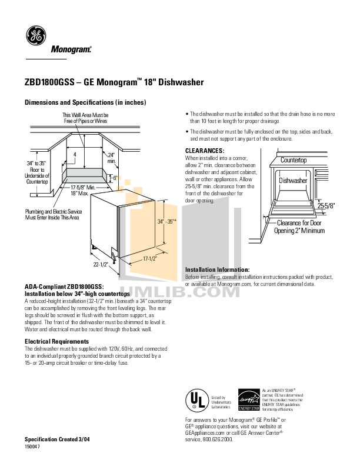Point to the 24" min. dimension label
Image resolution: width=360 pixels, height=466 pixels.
pyautogui.click(x=112, y=158)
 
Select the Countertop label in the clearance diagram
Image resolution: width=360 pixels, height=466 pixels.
pyautogui.click(x=294, y=160)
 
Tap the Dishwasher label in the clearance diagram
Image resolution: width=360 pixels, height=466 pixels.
pyautogui.click(x=293, y=181)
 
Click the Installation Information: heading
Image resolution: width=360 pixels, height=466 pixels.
pyautogui.click(x=217, y=269)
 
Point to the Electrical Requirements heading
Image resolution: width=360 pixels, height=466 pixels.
pyautogui.click(x=56, y=341)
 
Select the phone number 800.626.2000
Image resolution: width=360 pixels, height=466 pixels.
pyautogui.click(x=218, y=440)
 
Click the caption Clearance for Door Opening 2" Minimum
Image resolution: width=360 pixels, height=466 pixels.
pyautogui.click(x=299, y=227)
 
